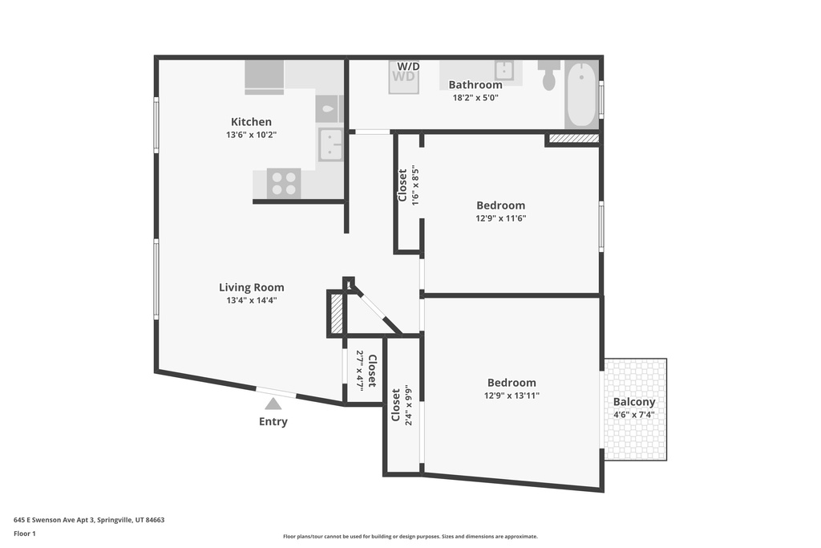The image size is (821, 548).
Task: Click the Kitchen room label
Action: coord(251,122)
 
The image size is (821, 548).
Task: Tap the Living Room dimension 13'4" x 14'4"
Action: coord(251,301)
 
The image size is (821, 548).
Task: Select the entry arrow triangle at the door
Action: coord(273,404)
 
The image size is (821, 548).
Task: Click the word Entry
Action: coord(273,422)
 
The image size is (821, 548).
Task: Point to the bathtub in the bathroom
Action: coord(581,94)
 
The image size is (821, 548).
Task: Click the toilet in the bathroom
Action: coord(549,75)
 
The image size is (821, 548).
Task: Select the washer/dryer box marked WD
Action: coord(403,77)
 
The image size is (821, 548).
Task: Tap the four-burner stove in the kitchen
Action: coord(283,183)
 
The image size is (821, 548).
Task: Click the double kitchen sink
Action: coord(330,144)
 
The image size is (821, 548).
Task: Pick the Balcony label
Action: coord(634,402)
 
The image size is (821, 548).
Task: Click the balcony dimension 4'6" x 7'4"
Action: coord(634,415)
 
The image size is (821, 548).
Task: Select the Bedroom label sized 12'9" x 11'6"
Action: coord(500,205)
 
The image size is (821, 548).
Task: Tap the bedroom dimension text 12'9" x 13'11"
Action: coord(512,396)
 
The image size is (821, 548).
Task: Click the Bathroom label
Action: coord(475,85)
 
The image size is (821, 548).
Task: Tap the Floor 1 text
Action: coord(25,534)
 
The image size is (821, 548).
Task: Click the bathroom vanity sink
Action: coord(504,69)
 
